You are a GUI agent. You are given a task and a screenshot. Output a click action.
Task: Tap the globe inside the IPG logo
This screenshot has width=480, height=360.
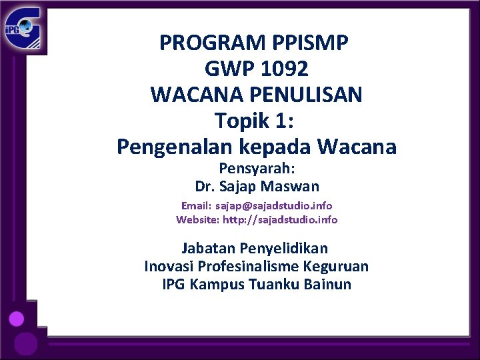coord(25,27)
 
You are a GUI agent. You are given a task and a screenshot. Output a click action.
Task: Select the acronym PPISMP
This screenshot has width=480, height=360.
coord(311,43)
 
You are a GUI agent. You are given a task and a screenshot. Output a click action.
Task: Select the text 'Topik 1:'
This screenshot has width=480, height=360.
coord(256,120)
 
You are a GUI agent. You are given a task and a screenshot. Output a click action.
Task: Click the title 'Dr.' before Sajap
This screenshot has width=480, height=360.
coord(205,186)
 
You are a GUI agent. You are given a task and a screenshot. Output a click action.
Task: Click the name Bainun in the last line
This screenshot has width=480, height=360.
coord(327,285)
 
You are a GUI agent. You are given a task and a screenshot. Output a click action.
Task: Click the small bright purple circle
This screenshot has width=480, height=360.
coord(17,319)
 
